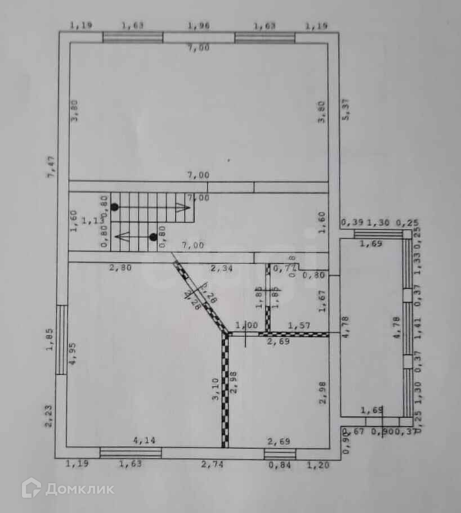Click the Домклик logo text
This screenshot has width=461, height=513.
79,489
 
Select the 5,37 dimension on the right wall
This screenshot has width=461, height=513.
347,110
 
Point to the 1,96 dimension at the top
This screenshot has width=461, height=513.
198,25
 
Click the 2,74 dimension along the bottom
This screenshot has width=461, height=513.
213,464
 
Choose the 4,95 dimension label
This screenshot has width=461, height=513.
72,354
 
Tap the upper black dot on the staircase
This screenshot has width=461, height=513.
114,207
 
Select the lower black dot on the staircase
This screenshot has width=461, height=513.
153,237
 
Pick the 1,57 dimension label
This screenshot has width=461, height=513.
299,326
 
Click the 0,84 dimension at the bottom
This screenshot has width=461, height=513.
279,465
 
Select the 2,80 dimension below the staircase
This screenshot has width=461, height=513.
120,268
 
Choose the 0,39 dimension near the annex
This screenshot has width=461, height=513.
349,223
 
